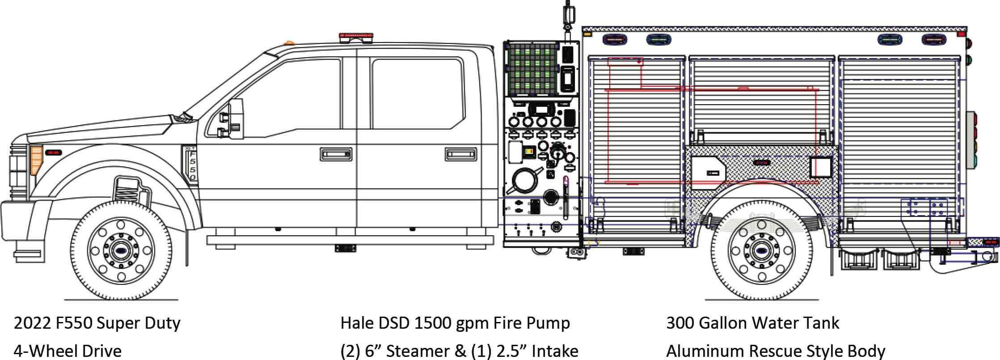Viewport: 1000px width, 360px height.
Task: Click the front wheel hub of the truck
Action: tap(120, 250)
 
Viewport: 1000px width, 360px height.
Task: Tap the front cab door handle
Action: tap(336, 154)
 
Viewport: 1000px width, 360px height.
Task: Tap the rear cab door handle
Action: tap(461, 154)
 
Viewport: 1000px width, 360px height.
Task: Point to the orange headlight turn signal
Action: tap(36, 160)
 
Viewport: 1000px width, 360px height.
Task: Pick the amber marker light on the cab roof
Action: tap(290, 42)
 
